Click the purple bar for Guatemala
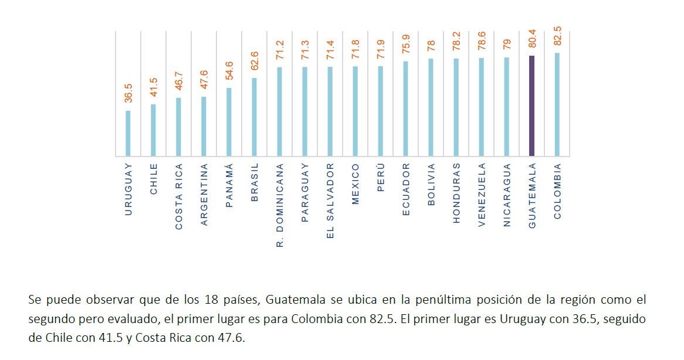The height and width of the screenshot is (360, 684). [x=532, y=106]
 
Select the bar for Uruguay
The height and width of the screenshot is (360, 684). [x=128, y=133]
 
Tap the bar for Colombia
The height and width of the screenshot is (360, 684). [x=557, y=104]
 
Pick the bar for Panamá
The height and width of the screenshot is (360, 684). [x=229, y=122]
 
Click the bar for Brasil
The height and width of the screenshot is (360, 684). [x=254, y=117]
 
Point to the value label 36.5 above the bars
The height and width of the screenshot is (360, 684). [x=128, y=93]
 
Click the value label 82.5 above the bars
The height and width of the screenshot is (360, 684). [x=557, y=36]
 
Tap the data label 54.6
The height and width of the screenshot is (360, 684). [x=229, y=71]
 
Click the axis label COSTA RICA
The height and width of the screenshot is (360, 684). [x=179, y=196]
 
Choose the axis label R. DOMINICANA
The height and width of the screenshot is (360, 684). [x=280, y=205]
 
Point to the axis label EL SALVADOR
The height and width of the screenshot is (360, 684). [x=330, y=201]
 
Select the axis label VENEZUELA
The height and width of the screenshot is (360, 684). [x=482, y=194]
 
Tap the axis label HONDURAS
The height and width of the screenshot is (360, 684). [x=456, y=193]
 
